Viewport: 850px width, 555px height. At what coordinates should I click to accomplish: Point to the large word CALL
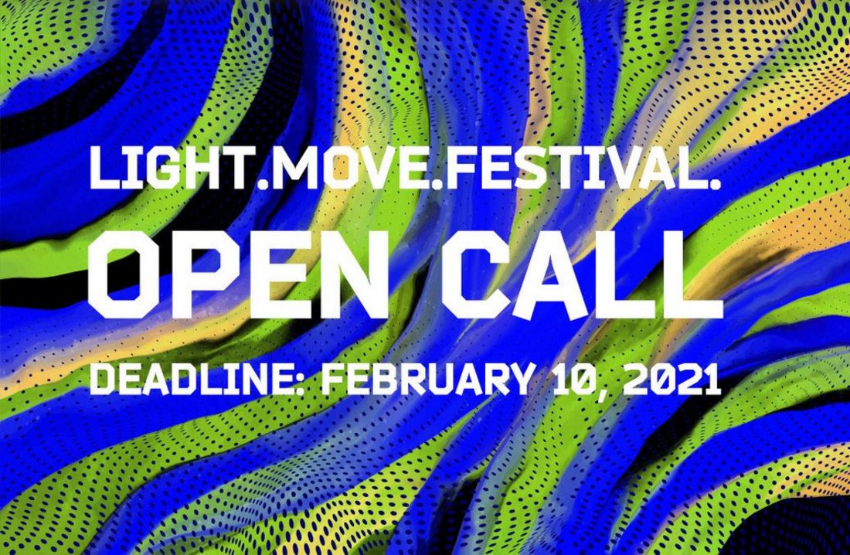coord(583,274)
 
